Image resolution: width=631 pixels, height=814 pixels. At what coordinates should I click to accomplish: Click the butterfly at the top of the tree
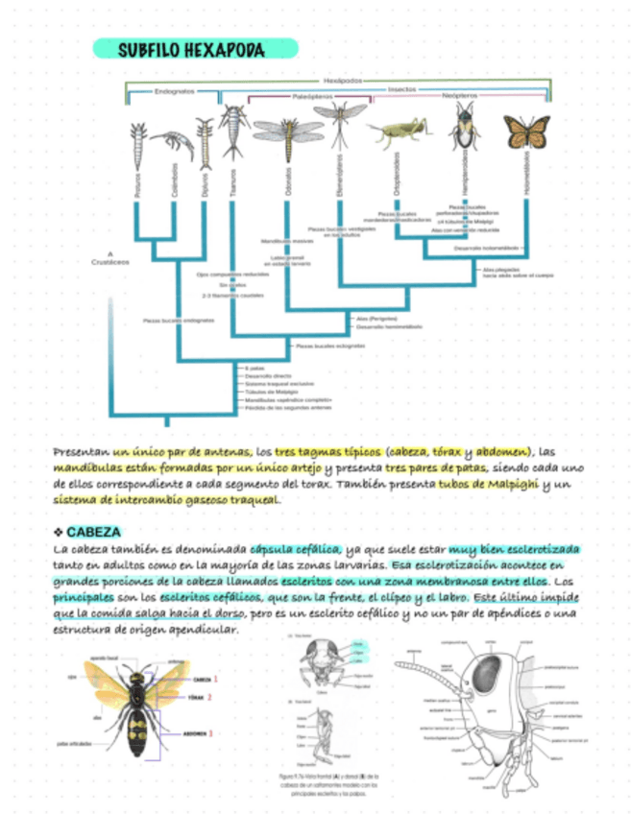526,132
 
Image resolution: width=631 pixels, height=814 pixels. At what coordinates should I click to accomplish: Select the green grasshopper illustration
395,133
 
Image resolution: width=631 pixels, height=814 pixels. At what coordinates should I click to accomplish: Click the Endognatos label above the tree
174,91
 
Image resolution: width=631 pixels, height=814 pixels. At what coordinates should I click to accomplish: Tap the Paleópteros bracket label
312,97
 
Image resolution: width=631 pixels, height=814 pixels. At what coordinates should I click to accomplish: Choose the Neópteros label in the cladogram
461,97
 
